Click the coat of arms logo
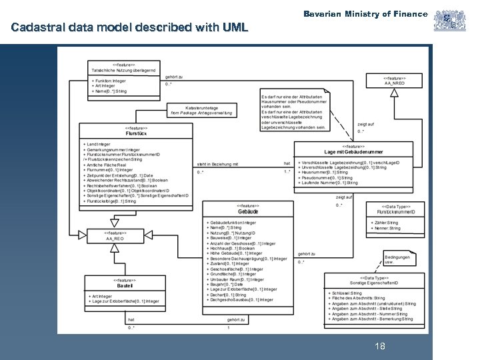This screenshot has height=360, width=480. (x=449, y=20)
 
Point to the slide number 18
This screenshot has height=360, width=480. (x=380, y=346)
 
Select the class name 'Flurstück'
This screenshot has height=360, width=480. (x=137, y=133)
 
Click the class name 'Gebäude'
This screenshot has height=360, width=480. (x=248, y=211)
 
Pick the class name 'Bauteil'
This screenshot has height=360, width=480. (x=125, y=286)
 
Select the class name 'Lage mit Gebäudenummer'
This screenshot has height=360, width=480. (x=353, y=152)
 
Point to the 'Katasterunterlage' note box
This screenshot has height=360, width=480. (x=201, y=110)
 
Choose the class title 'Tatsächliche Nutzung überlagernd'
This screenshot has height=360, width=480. (x=125, y=70)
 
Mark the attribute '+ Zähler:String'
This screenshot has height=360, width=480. (x=384, y=223)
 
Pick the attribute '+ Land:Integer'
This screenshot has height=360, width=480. (x=97, y=144)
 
